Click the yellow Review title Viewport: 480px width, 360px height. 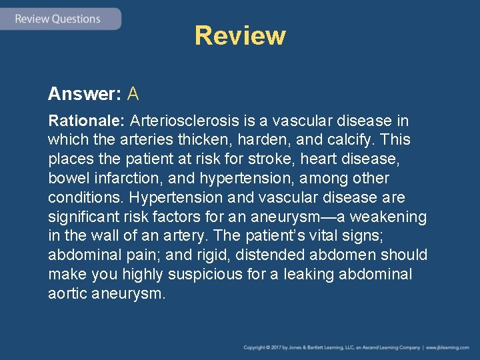[240, 35]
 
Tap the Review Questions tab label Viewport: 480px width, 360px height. [58, 19]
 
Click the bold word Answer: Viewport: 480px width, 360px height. [84, 94]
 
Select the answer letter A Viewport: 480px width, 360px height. [133, 94]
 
